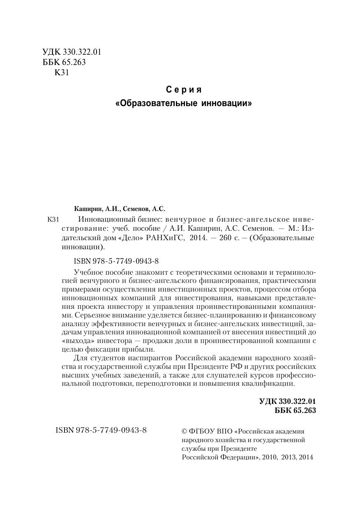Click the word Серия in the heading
(x=184, y=90)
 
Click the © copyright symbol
(x=185, y=431)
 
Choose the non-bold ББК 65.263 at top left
(x=64, y=63)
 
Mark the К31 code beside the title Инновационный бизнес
(x=54, y=220)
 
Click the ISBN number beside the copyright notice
(x=101, y=430)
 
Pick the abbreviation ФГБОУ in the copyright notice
(x=202, y=431)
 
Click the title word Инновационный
(x=105, y=220)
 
